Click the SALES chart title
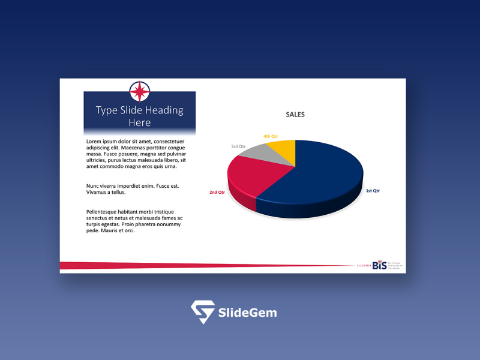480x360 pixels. (x=295, y=115)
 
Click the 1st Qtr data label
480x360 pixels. (x=373, y=191)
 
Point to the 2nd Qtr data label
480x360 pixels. (x=217, y=193)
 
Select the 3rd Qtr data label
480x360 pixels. (x=239, y=146)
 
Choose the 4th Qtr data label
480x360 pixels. (x=271, y=136)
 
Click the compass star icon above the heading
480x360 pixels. (x=140, y=92)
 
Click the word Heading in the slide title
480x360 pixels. (x=162, y=110)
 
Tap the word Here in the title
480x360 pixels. (x=140, y=122)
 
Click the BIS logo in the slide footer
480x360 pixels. (x=380, y=265)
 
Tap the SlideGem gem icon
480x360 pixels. (x=202, y=312)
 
